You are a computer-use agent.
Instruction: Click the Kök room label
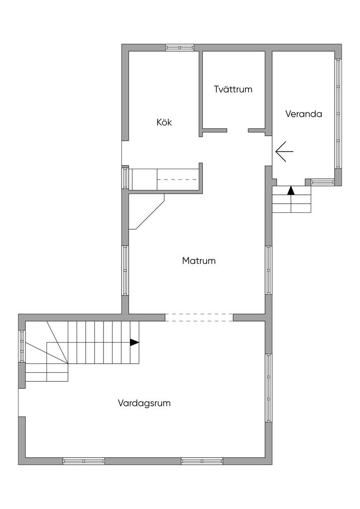164,122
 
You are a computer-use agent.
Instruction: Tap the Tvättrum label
233,89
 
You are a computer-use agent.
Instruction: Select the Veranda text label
303,114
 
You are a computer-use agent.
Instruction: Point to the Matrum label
199,260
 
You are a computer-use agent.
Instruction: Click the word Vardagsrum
144,403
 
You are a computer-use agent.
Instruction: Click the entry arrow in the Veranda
284,152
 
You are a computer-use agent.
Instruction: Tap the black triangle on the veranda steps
291,190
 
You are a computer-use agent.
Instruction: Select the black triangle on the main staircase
134,342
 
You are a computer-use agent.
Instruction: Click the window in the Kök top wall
180,47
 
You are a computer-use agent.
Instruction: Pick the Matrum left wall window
125,270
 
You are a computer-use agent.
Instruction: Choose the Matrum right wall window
269,270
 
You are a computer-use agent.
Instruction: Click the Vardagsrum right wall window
269,388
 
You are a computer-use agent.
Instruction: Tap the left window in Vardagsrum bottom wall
84,461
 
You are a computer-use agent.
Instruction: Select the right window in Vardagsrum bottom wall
202,461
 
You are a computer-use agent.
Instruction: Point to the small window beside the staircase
22,346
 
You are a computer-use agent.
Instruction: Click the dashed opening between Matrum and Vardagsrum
199,318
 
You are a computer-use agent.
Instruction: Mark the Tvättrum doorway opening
238,131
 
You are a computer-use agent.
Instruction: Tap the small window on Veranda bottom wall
323,182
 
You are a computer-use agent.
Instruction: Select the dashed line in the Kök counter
178,179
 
